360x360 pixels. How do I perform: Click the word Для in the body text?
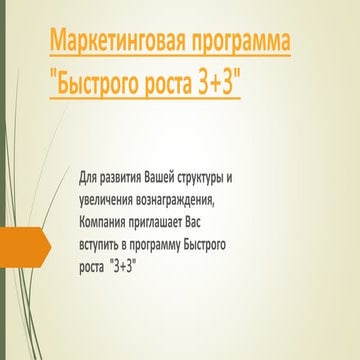[x=89, y=177]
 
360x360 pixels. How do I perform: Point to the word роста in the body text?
[x=94, y=267]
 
